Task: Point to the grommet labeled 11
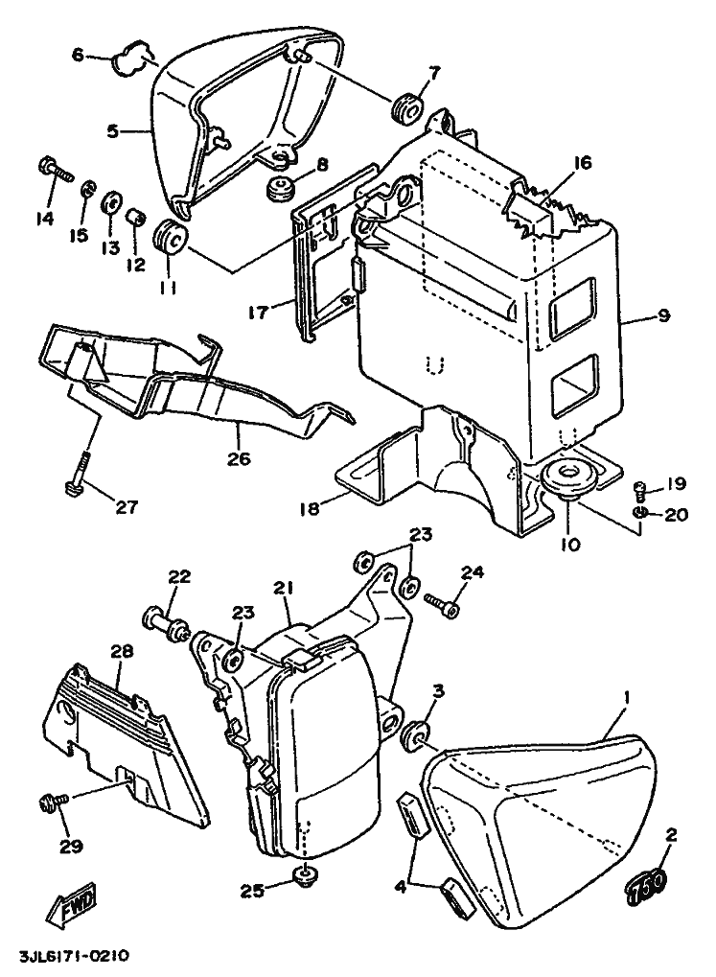coord(169,237)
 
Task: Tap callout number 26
coord(239,458)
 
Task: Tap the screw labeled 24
coord(441,605)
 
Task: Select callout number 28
coord(121,651)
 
